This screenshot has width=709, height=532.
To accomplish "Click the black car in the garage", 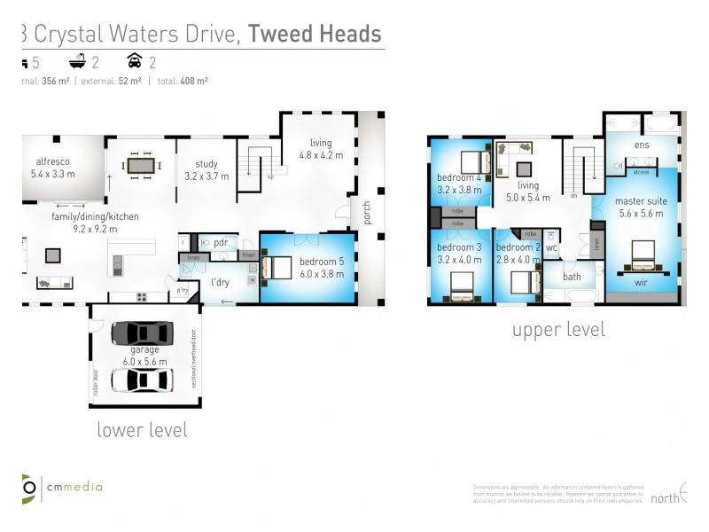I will click(142, 333).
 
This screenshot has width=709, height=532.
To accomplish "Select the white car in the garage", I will click(142, 379).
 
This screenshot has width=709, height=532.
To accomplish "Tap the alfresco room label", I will click(53, 168).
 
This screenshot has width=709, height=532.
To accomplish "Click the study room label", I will click(206, 169).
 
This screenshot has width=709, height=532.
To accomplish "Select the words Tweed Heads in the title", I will click(315, 34).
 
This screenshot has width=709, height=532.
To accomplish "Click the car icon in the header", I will click(136, 62).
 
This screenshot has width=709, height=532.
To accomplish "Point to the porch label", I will click(366, 213).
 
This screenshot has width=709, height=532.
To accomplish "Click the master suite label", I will click(641, 207).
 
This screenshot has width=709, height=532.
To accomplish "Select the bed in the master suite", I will click(643, 255).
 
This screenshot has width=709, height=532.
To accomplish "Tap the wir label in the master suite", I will click(641, 284).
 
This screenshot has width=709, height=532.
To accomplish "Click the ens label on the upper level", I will click(642, 145).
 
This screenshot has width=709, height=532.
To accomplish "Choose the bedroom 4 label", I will click(458, 183).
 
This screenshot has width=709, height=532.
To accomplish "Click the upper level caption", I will click(558, 330).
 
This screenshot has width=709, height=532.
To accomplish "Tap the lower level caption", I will click(142, 430).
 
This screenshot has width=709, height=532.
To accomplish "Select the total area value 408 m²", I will click(195, 81).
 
